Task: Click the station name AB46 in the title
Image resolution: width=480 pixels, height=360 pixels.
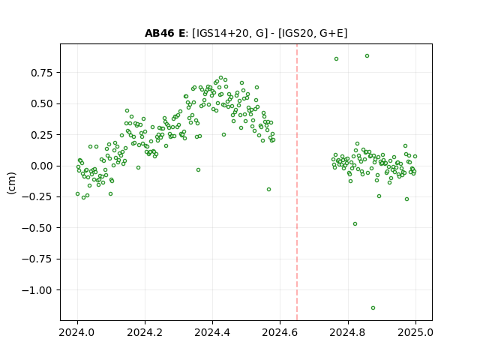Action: [x=160, y=33]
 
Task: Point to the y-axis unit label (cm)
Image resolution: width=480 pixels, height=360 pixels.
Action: [x=11, y=183]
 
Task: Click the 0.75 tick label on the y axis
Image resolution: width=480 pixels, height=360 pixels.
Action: [x=42, y=73]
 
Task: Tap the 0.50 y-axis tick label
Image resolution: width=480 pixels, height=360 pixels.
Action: [x=42, y=103]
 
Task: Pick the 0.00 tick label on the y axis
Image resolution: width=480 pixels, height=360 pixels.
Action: [x=42, y=166]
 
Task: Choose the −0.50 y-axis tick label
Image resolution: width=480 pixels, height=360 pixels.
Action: [x=37, y=228]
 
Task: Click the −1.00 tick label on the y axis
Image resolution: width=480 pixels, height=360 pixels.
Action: [x=37, y=290]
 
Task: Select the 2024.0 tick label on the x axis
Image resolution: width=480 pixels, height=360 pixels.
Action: [x=77, y=332]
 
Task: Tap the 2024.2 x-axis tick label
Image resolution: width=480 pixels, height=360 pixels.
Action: [x=145, y=332]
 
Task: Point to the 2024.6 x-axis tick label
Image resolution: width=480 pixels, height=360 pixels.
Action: [x=280, y=332]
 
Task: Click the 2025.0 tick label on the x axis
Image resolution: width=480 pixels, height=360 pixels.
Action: [x=415, y=332]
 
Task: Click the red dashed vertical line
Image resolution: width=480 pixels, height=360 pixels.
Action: [x=297, y=182]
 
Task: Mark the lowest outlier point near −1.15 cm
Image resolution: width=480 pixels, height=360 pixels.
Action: [x=373, y=308]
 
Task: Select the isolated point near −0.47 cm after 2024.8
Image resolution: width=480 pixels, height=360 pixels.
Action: [x=355, y=224]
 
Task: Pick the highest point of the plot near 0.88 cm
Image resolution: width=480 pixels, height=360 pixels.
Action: [x=367, y=56]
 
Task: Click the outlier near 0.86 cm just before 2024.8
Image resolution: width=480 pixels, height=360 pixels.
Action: [x=336, y=59]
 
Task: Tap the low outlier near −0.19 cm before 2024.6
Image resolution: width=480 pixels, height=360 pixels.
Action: [x=268, y=190]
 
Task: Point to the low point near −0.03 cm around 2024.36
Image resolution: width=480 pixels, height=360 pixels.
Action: [x=198, y=170]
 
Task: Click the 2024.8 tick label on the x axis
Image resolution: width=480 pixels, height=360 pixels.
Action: [x=348, y=332]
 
